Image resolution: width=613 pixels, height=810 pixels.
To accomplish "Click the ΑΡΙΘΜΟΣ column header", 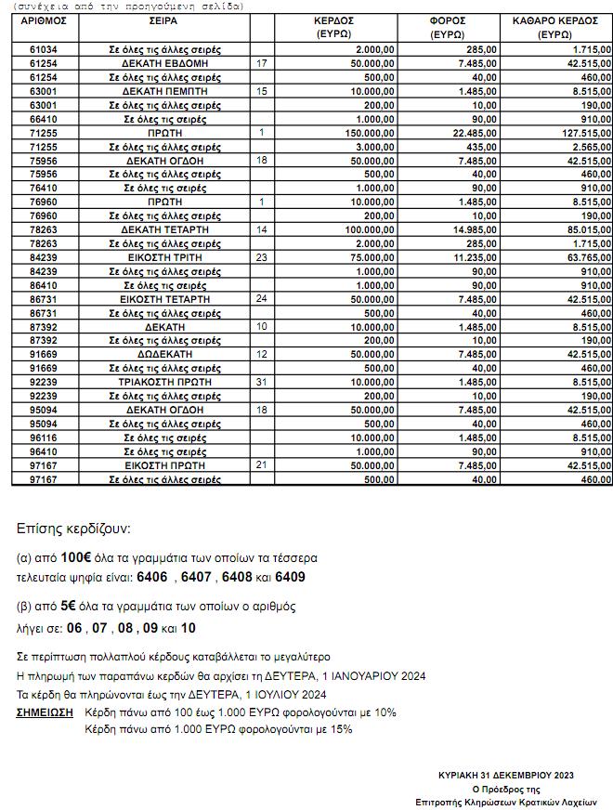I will pos(44,20).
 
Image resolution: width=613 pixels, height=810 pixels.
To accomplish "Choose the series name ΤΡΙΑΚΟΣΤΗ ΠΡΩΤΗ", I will pos(164,383).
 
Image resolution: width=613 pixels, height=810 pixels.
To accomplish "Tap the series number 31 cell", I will pos(261,383).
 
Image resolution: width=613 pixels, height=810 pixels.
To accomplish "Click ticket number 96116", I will pos(44,438).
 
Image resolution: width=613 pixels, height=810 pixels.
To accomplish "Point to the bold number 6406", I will pos(151,578).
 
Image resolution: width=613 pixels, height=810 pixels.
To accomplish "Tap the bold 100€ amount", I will pos(77,559).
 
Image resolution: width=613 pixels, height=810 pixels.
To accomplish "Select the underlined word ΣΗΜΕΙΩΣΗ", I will pos(45,712).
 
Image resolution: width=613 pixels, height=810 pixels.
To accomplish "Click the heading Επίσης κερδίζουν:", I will pos(73,529).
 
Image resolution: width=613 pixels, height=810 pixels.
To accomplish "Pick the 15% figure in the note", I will pos(341,730).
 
